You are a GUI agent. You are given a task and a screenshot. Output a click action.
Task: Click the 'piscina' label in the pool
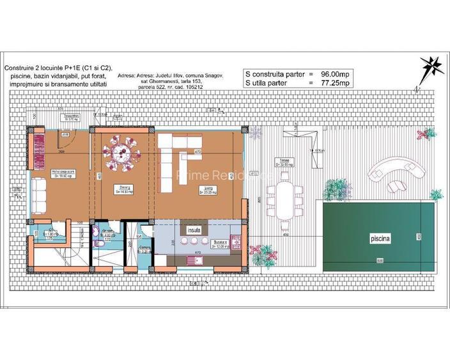pos(379,238)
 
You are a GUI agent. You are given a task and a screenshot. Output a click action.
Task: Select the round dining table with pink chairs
pos(122,153)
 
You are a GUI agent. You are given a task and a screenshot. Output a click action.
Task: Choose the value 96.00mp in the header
pos(336,74)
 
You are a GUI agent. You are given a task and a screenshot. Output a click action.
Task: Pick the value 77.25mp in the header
pos(336,83)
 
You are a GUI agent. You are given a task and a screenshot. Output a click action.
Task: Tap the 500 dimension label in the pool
pos(379,261)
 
